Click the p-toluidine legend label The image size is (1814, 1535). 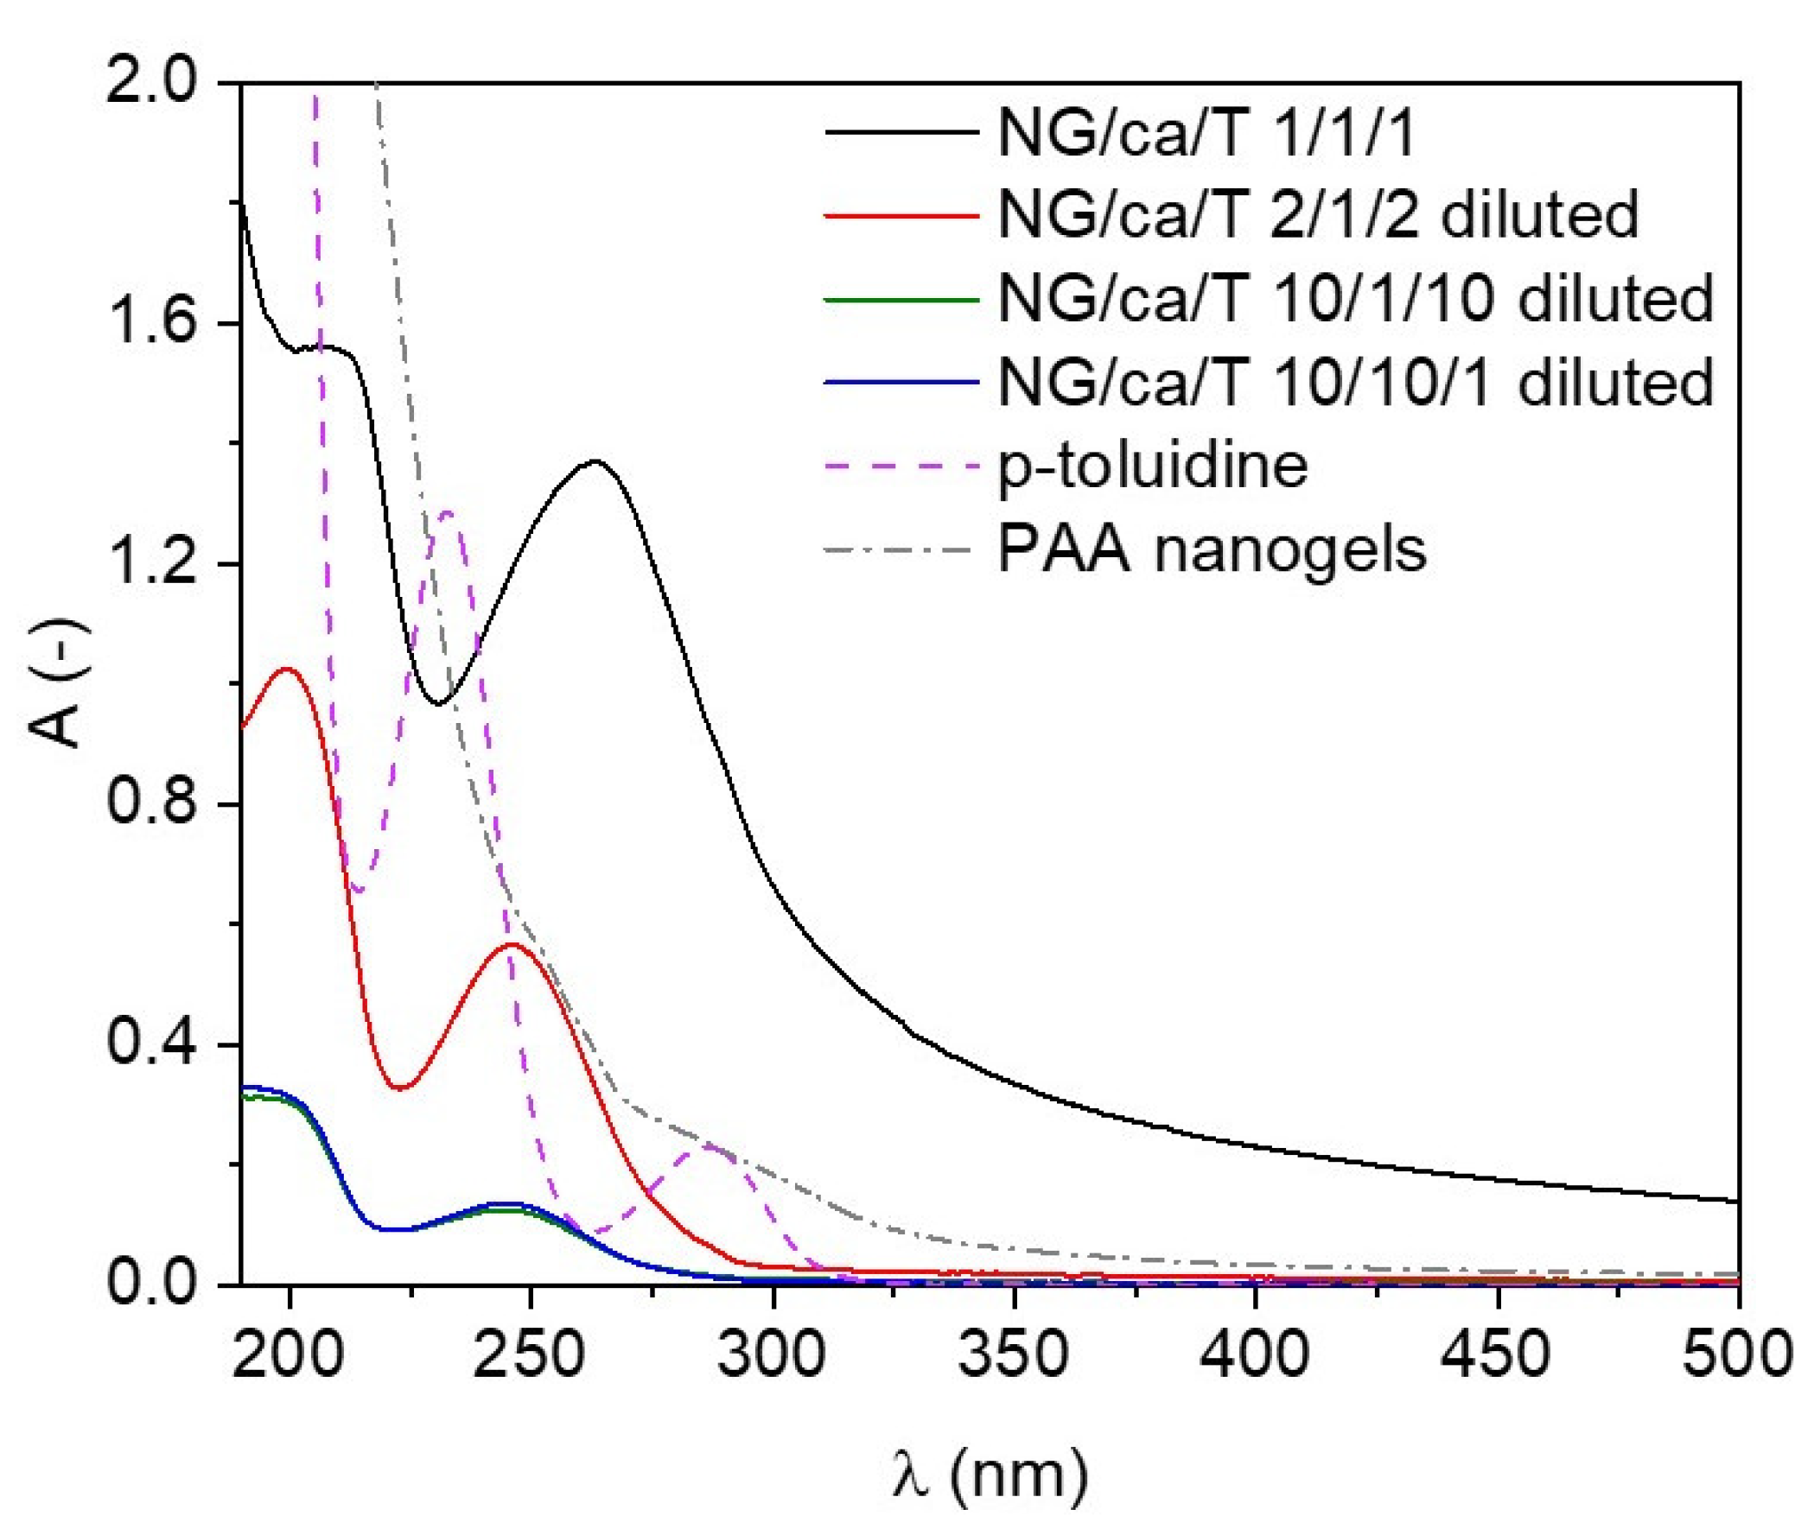[1152, 466]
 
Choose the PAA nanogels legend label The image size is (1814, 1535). [1212, 549]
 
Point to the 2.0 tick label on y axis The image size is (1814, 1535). [161, 84]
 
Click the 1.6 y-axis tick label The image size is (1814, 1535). [161, 324]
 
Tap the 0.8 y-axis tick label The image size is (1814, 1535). [161, 804]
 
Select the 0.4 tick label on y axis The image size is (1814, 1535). [161, 1044]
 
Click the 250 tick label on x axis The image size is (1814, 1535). [528, 1354]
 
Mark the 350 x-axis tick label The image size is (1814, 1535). [1012, 1354]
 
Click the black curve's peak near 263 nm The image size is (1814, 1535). [595, 460]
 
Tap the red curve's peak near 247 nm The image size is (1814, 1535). [512, 944]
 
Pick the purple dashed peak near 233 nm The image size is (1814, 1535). [449, 512]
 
